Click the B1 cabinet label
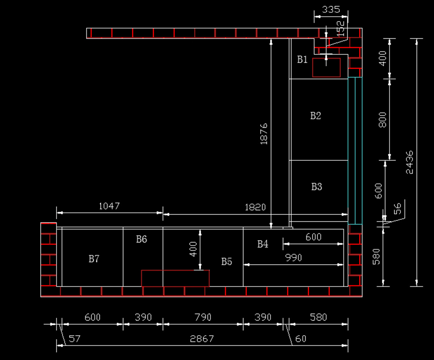tap(302, 59)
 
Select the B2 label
tap(315, 116)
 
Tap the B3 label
tap(316, 187)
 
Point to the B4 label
tap(263, 244)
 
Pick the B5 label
tap(226, 262)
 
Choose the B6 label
tap(141, 239)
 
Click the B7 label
tap(94, 259)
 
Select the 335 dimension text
tap(331, 9)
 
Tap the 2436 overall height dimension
tap(409, 162)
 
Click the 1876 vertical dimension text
tap(264, 134)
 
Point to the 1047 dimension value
tap(109, 206)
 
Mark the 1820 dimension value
tap(255, 207)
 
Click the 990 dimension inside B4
tap(293, 258)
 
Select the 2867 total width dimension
tap(202, 339)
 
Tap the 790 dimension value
tap(203, 317)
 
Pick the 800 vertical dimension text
tap(382, 120)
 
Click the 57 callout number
tap(75, 339)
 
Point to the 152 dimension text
tap(340, 29)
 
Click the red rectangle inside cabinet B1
tap(326, 68)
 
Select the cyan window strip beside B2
tap(355, 151)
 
